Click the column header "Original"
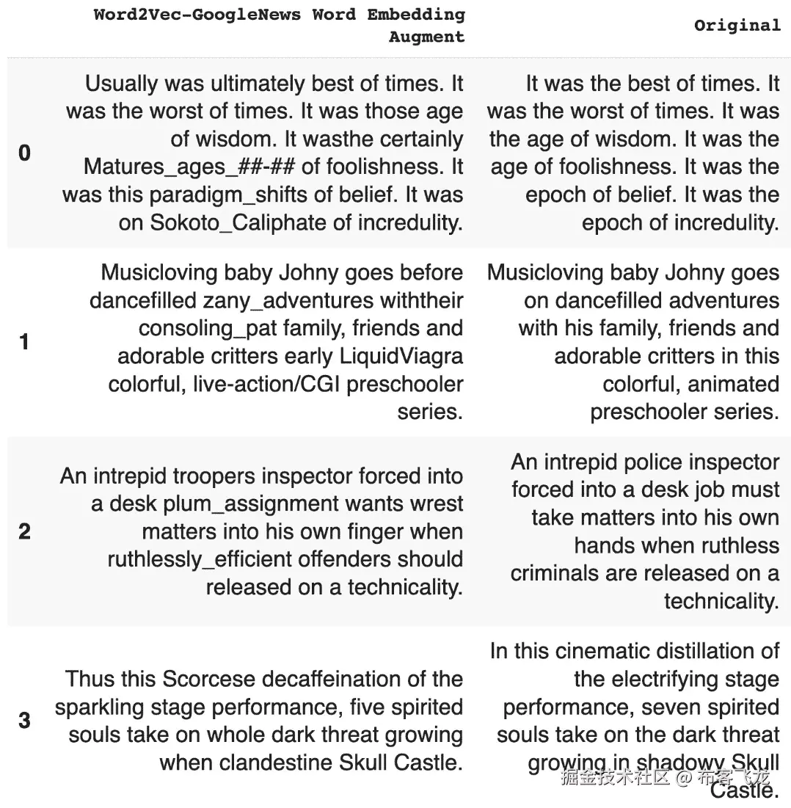tap(737, 26)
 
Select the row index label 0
tap(24, 153)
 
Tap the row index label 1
tap(24, 342)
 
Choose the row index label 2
tap(24, 531)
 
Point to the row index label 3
tap(24, 720)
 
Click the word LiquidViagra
tap(401, 357)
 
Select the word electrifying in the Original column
tap(692, 680)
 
